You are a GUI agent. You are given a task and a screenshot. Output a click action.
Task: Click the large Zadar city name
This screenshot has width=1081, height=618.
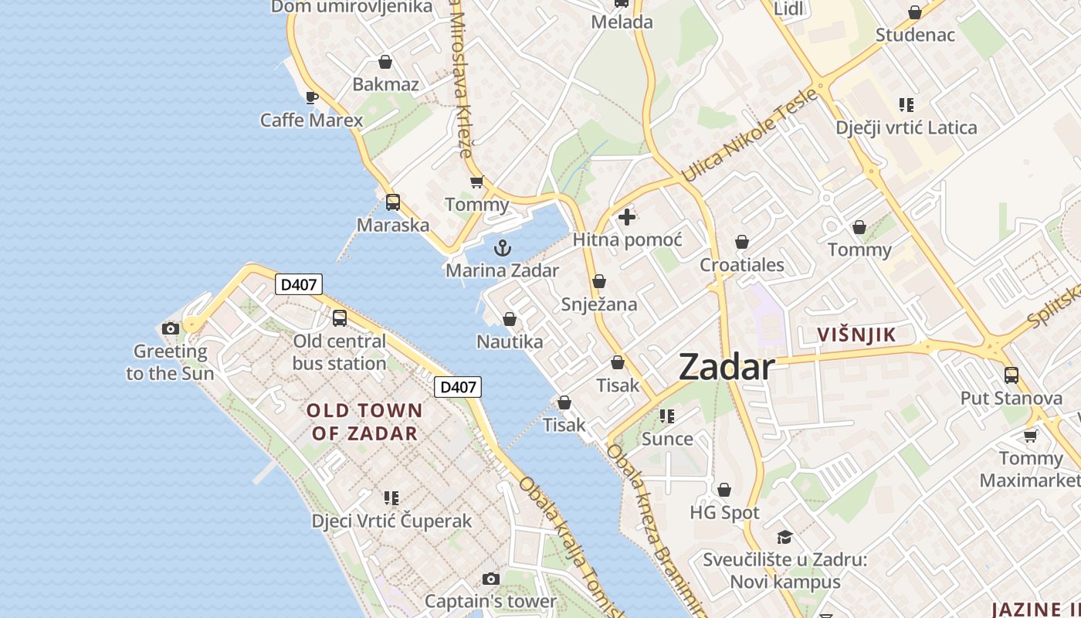click(726, 368)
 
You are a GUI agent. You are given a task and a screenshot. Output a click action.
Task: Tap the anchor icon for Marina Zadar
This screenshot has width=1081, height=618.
click(503, 248)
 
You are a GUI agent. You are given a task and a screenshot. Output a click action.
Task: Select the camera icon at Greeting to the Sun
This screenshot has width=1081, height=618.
click(171, 328)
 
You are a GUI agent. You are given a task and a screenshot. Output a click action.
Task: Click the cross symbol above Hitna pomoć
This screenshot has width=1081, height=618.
click(627, 217)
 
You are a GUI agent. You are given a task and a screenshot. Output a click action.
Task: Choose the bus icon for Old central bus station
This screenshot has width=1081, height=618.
click(339, 318)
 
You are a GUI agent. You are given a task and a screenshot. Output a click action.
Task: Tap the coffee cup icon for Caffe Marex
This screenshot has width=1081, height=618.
click(311, 97)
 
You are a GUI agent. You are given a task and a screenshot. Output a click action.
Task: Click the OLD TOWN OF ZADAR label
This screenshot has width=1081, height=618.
click(364, 422)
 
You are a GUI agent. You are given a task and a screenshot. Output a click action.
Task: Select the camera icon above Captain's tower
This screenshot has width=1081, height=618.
click(490, 579)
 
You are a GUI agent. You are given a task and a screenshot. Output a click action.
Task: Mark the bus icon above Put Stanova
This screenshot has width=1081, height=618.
click(1011, 375)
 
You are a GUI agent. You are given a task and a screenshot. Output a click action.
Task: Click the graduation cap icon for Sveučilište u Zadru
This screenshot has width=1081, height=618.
click(784, 537)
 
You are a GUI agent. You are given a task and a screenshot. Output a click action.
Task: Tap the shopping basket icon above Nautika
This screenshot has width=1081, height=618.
click(510, 319)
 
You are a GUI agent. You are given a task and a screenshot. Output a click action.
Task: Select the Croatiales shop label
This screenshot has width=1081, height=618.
click(741, 265)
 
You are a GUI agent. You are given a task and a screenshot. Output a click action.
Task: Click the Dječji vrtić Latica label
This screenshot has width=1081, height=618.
click(906, 127)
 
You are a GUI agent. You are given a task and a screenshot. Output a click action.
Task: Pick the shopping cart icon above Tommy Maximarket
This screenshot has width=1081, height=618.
click(1030, 436)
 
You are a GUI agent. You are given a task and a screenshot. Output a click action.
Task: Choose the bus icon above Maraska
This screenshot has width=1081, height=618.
click(393, 202)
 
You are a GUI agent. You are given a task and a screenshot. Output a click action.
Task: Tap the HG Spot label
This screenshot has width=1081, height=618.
click(724, 513)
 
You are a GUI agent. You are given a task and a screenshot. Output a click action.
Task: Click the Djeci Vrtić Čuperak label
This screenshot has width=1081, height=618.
click(391, 521)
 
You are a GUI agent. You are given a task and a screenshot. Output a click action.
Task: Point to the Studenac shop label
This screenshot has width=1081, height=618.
click(915, 35)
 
